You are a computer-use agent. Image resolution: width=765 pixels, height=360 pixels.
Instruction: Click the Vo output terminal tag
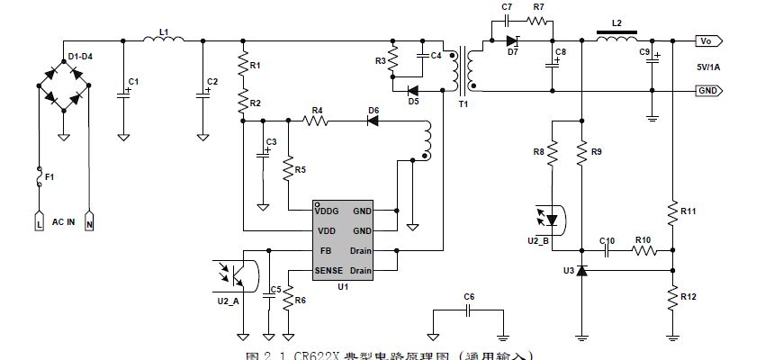pyautogui.click(x=706, y=41)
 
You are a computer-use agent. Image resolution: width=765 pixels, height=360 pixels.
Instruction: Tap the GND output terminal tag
pyautogui.click(x=707, y=91)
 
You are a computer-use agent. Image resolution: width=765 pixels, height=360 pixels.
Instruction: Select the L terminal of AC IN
pyautogui.click(x=39, y=220)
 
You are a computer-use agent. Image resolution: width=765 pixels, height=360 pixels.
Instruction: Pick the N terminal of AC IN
pyautogui.click(x=90, y=220)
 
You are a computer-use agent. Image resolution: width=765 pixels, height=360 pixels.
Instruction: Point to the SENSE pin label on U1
pyautogui.click(x=330, y=270)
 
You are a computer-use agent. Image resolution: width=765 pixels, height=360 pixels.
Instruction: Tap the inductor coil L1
pyautogui.click(x=164, y=40)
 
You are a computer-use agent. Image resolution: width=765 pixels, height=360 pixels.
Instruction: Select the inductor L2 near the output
pyautogui.click(x=616, y=40)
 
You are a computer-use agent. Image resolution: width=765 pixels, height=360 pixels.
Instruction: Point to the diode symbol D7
pyautogui.click(x=513, y=40)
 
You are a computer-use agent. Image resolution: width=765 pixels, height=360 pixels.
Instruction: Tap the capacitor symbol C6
pyautogui.click(x=468, y=309)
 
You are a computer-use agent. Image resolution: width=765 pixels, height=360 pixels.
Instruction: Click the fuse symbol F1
pyautogui.click(x=39, y=177)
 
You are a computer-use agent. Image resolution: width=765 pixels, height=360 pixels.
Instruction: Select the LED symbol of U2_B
pyautogui.click(x=553, y=219)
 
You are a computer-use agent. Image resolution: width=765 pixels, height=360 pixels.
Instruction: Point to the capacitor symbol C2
pyautogui.click(x=202, y=93)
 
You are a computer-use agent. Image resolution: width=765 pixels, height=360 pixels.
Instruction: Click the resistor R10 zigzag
pyautogui.click(x=643, y=252)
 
